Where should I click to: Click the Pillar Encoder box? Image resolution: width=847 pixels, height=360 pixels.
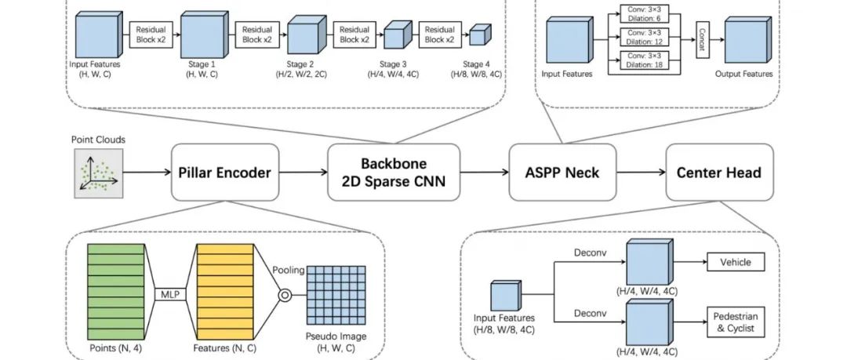pos(225,173)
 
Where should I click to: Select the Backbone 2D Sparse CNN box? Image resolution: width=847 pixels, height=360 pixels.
pos(394,173)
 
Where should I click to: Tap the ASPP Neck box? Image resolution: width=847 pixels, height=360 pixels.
pos(562,173)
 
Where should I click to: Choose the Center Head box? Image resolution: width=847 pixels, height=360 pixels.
pos(719,173)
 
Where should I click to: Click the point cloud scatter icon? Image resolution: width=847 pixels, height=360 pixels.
pos(98,173)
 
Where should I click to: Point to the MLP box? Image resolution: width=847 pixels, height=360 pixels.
pos(169,295)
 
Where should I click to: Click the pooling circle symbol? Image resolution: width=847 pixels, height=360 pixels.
pos(285,295)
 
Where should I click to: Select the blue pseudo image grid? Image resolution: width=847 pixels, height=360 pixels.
pos(336,295)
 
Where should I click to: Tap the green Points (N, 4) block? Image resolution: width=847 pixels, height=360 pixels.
pos(115,291)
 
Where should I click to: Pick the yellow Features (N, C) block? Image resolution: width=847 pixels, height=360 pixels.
pos(225,291)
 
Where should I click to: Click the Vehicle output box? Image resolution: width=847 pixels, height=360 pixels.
pos(736,262)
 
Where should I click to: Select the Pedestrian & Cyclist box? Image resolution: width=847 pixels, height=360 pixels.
pos(736,322)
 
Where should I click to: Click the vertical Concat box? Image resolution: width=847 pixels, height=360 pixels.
pos(702,39)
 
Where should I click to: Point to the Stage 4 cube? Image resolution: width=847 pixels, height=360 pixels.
pos(480,35)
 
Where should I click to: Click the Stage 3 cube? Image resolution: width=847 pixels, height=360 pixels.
pos(396,35)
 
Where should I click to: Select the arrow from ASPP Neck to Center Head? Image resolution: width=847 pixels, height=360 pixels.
pos(641,173)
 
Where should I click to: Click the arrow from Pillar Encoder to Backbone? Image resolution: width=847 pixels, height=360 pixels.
pos(304,173)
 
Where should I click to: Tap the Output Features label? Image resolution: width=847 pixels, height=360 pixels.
pos(743,74)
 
